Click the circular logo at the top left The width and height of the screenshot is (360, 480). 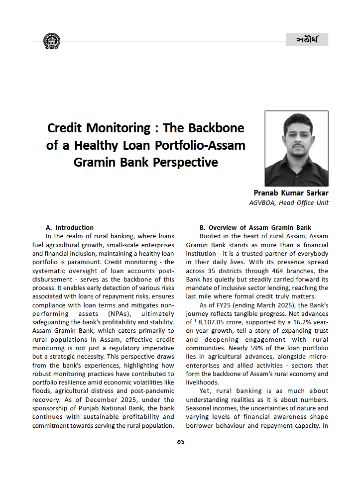(52, 41)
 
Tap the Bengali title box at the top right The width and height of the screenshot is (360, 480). (307, 39)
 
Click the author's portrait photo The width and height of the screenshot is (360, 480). (296, 148)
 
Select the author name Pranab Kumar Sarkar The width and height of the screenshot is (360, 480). (291, 193)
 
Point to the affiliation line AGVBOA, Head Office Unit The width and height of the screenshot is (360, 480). (288, 202)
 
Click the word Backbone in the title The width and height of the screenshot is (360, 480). (217, 128)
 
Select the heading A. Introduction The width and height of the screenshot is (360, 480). (69, 227)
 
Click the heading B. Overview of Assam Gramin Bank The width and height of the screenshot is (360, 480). (255, 227)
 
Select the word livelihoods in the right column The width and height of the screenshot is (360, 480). (202, 383)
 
